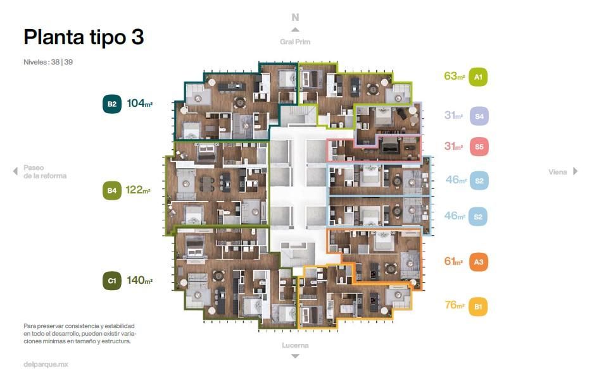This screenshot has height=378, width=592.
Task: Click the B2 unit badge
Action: point(112,104)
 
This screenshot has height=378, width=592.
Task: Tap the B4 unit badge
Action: point(112,190)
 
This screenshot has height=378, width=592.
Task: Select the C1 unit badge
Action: point(112,281)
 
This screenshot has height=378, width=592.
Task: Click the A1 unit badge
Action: point(478,77)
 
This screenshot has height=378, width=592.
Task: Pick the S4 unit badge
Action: point(479,116)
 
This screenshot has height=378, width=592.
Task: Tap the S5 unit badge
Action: point(479,147)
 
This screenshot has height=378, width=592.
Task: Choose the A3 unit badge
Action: point(479,262)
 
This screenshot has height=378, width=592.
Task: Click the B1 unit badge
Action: point(478,307)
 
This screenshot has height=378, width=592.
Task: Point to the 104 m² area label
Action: point(139,103)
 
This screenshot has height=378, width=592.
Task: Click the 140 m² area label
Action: point(139,280)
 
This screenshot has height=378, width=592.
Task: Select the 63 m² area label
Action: point(454,76)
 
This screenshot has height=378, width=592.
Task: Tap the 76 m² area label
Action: point(455,305)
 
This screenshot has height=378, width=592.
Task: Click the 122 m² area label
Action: point(138,190)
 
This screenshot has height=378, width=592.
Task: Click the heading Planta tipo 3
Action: point(84,37)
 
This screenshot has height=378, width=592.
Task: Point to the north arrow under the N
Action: point(295,30)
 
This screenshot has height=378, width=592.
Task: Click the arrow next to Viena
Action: point(576,171)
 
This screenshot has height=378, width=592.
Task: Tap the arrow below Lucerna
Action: point(295,356)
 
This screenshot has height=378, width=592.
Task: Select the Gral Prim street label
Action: point(295,42)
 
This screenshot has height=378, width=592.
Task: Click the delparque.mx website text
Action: point(46,365)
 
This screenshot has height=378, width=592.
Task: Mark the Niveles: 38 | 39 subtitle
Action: point(48,62)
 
